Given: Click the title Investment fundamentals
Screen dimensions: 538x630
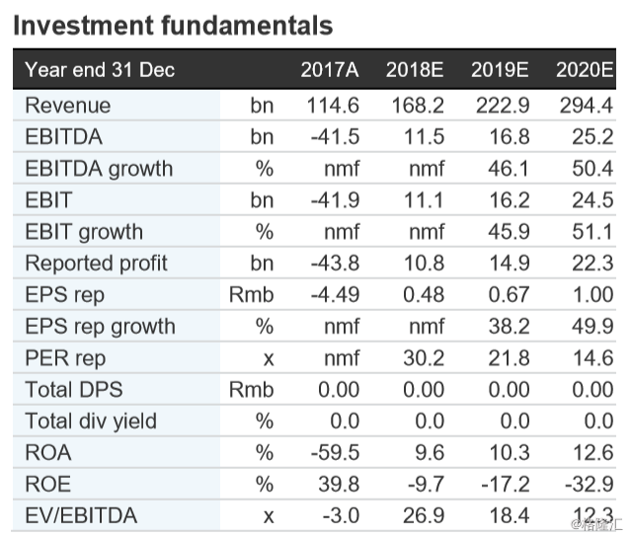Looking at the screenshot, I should [x=172, y=25].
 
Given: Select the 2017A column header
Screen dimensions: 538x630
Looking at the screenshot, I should [x=330, y=69].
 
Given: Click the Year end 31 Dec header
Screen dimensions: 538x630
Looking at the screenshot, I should [x=100, y=69].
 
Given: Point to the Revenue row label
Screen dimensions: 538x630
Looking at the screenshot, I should [x=68, y=106].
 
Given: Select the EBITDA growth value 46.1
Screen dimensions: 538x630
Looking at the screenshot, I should [x=509, y=169].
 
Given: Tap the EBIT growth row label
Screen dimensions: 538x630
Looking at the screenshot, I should [x=84, y=232].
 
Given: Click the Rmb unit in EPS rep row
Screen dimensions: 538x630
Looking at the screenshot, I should [x=251, y=295].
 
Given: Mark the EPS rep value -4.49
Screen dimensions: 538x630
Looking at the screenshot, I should [x=334, y=295].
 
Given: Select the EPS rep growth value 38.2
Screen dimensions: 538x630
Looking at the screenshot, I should [x=509, y=327].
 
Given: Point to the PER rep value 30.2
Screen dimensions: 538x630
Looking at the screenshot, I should [x=424, y=358].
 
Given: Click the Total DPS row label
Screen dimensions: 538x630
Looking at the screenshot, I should [x=75, y=390].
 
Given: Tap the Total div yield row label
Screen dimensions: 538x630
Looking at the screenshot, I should [x=91, y=422].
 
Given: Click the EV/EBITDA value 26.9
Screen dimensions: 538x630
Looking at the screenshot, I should [x=424, y=516].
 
